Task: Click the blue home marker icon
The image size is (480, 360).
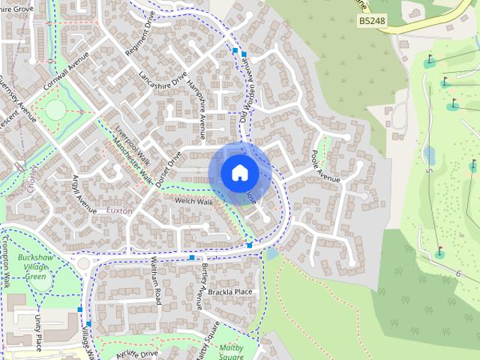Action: click(x=239, y=172)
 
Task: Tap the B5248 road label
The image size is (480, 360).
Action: click(x=372, y=22)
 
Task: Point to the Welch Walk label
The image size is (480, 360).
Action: click(x=193, y=202)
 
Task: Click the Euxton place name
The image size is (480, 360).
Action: click(x=119, y=211)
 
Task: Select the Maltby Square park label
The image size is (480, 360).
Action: click(x=238, y=352)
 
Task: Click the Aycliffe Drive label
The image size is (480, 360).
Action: click(x=137, y=352)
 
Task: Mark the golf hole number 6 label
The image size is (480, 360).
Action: click(x=457, y=274)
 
